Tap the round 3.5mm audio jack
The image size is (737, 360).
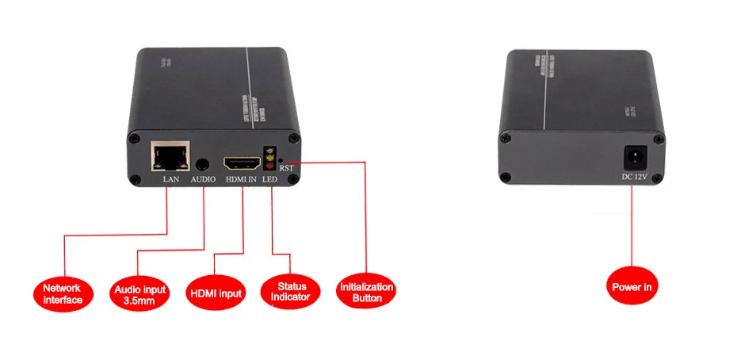coord(204,165)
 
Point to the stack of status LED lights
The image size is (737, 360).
coord(270,160)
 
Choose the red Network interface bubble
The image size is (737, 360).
coord(63,293)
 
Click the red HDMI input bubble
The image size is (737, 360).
coord(215,294)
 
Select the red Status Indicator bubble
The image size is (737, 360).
coord(291,291)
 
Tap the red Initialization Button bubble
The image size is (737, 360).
coord(365,293)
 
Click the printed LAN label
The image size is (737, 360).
coord(171,180)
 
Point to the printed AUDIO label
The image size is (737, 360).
coord(203,180)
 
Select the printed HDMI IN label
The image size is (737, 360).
coord(239,180)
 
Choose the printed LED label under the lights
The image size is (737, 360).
coord(270,180)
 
